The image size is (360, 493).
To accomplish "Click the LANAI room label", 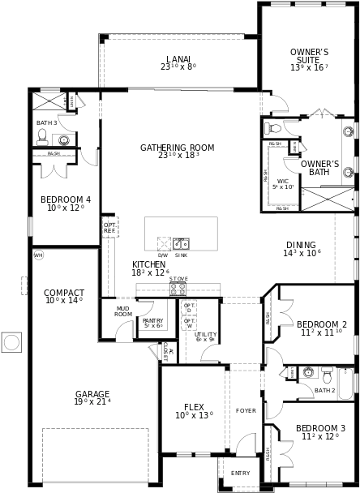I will click(178, 58).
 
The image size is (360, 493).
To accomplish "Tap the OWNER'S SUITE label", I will click(309, 57).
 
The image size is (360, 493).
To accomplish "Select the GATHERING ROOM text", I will click(177, 148).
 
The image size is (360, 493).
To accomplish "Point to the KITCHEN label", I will click(148, 264).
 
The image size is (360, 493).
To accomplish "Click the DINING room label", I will click(301, 245).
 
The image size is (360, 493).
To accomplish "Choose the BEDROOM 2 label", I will click(321, 324).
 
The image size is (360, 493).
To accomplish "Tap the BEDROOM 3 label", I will click(320, 428).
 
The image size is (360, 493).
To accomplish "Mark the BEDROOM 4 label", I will click(66, 199).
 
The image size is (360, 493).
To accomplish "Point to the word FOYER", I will click(246, 411).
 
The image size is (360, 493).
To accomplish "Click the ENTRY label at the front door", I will click(241, 473).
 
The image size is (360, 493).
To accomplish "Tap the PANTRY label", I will click(152, 320).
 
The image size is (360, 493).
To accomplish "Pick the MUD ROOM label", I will click(122, 311).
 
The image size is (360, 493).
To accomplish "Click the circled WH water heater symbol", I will click(38, 255).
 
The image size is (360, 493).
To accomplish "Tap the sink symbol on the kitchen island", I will click(181, 243).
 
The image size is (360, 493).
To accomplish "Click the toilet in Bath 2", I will click(327, 375).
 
